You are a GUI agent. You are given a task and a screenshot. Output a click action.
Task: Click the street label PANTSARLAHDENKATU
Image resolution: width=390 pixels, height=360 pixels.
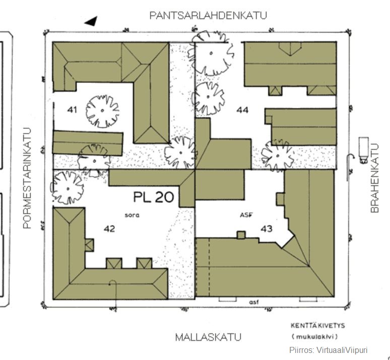tap(208, 16)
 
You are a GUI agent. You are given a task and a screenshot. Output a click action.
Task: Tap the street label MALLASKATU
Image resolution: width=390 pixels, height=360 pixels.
tap(208, 337)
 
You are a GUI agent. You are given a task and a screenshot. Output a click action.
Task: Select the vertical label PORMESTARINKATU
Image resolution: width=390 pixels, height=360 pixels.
tap(27, 178)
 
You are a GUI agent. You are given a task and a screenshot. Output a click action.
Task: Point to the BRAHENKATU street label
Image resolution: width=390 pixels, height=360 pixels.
tap(374, 178)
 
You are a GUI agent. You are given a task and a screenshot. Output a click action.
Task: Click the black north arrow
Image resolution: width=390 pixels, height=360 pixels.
tap(91, 21)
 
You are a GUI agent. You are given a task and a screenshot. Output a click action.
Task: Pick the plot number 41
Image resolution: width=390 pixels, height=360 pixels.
tap(72, 110)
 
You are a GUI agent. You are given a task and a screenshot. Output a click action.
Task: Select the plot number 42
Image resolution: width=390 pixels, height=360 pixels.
tap(109, 229)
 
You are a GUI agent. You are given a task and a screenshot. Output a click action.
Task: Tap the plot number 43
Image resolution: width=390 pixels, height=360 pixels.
tap(267, 229)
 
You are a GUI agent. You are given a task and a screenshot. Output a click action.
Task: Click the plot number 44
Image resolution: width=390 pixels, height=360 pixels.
tap(242, 110)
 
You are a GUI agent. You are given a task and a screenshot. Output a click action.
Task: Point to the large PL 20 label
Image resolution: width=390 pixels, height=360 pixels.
tap(154, 197)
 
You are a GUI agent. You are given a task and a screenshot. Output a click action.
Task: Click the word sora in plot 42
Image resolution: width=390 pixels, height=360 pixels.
tap(132, 215)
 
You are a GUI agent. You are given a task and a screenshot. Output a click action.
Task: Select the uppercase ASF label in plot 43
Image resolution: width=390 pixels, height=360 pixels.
tap(246, 215)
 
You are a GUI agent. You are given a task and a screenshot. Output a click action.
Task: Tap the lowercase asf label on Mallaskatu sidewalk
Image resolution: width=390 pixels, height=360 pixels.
tap(254, 302)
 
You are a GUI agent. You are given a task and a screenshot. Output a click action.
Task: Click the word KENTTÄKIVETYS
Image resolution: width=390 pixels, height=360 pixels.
tap(318, 326)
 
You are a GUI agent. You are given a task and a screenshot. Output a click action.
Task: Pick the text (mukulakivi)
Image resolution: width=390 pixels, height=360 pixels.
tap(315, 337)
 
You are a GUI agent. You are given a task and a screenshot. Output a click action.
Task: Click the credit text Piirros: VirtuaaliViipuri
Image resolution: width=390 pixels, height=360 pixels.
tap(329, 350)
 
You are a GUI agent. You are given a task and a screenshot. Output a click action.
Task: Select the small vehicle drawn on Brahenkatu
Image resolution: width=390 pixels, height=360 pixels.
tap(363, 150)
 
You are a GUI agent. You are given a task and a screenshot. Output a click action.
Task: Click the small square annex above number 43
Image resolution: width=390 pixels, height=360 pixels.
tap(241, 235)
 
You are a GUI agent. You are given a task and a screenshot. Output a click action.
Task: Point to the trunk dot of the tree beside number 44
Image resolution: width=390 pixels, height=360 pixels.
tap(208, 97)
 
